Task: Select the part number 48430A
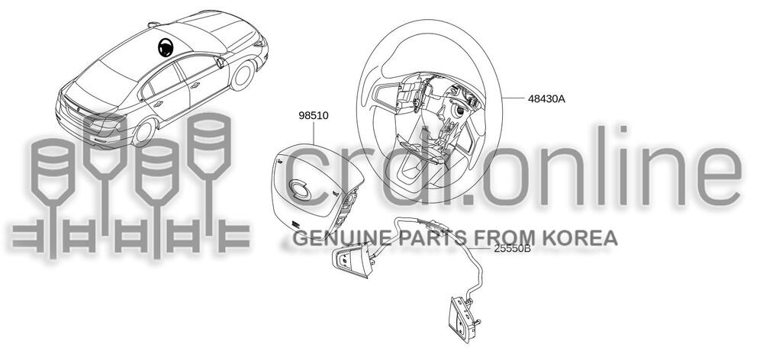click(546, 98)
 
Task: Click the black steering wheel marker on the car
click(165, 49)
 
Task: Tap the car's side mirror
click(220, 62)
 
